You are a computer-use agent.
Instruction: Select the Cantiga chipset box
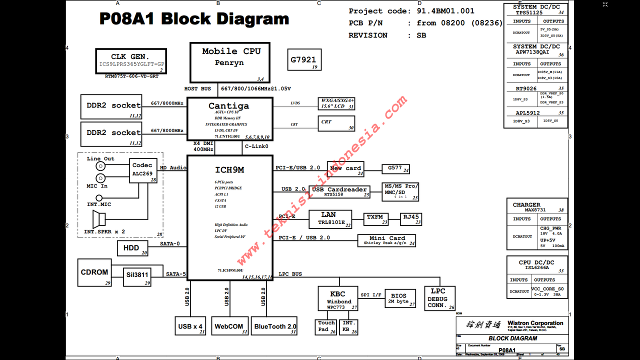229,118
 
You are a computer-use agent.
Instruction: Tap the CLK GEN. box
131,61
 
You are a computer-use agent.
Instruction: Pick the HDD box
133,248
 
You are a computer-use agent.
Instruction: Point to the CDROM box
95,272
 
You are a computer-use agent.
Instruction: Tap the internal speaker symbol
99,219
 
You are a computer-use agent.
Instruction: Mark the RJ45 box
411,219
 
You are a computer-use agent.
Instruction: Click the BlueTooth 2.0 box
274,326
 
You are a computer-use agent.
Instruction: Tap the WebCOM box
229,326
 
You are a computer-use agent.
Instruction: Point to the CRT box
336,123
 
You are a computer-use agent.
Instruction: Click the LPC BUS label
290,274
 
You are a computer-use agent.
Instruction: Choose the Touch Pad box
327,326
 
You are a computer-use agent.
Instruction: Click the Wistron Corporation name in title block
535,323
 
